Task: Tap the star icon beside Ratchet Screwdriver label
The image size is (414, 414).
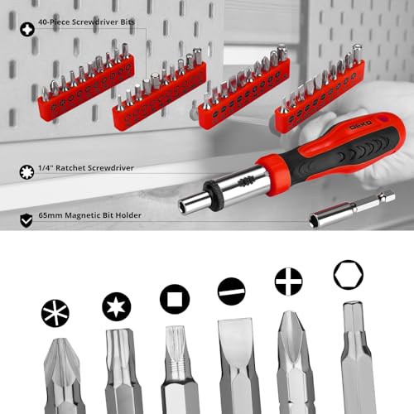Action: [x=27, y=172]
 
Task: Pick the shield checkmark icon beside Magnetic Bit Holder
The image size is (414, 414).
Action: [x=27, y=219]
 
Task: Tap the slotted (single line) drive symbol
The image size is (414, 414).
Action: [x=231, y=291]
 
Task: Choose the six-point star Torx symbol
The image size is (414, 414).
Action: [x=117, y=307]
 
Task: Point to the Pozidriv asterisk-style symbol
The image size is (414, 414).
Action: [x=55, y=312]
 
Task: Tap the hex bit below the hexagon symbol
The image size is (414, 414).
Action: [x=358, y=360]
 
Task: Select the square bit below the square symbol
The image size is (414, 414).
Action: [x=177, y=368]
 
